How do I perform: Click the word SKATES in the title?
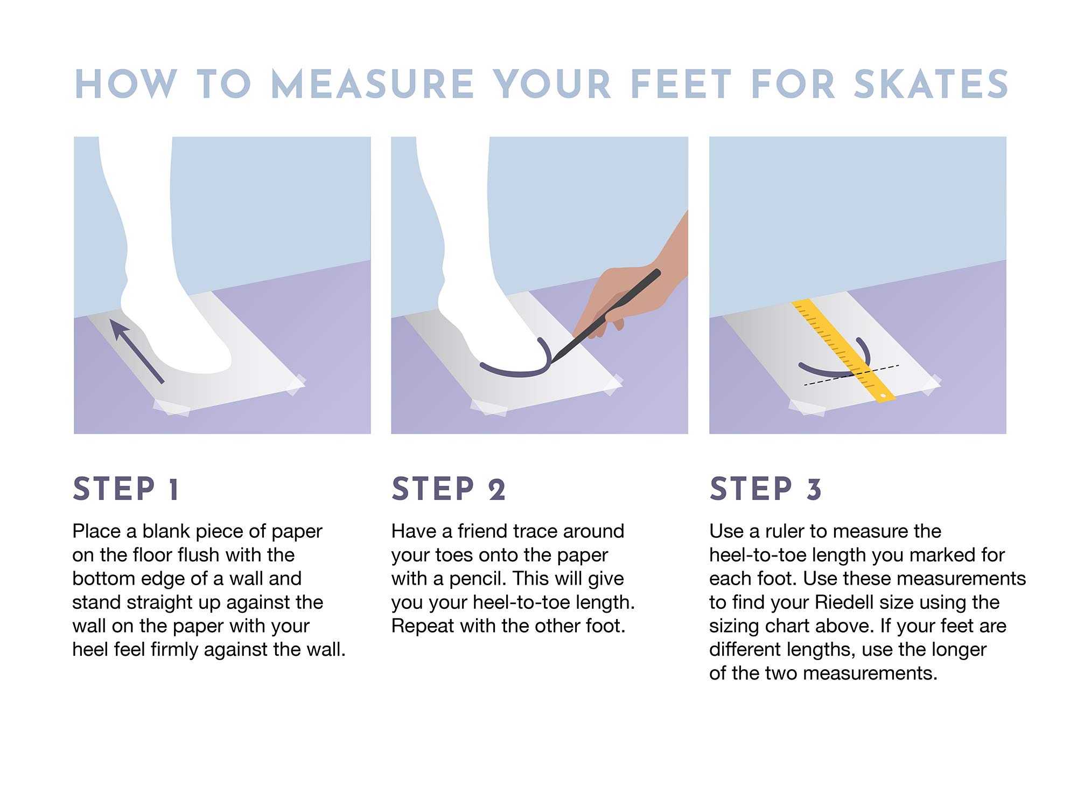pos(931,84)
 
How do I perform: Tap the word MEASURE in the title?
pos(372,84)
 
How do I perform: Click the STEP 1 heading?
pos(125,489)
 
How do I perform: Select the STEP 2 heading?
pos(448,489)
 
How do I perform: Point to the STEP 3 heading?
pos(765,489)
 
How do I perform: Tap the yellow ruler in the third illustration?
pos(843,350)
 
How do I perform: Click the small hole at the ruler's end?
pos(883,396)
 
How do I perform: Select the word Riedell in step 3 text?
pos(845,602)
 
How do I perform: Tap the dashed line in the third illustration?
pos(851,376)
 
